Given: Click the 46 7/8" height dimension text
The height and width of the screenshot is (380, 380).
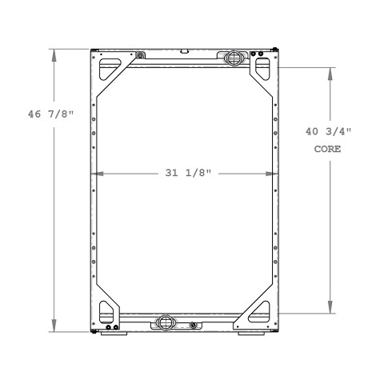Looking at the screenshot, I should [49, 114].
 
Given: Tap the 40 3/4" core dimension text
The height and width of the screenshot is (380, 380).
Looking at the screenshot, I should [330, 133].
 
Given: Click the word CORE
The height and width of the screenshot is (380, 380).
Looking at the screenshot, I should [330, 149].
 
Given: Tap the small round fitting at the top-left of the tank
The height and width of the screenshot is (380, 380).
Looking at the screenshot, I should [141, 55].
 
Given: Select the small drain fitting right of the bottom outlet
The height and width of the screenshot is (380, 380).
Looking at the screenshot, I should [193, 325].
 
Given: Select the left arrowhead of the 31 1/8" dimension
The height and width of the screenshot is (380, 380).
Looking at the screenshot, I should [98, 173].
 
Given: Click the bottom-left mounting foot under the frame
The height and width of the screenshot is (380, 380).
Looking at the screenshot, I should [108, 332].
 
